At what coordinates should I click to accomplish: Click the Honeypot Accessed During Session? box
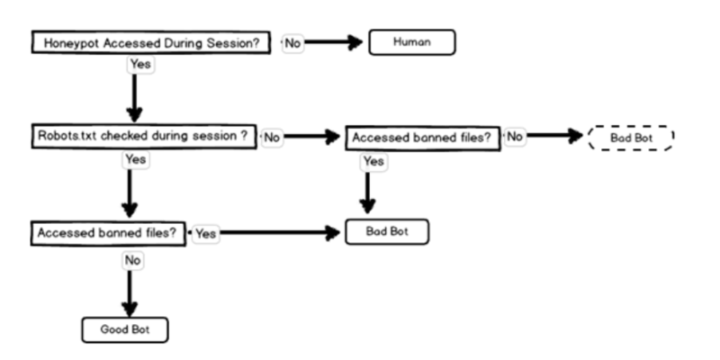pos(150,43)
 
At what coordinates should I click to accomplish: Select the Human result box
pos(412,42)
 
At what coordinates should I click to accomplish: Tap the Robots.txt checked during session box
pos(142,137)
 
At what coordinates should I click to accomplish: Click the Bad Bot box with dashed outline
pos(630,138)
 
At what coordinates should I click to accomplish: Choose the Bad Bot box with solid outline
pos(388,231)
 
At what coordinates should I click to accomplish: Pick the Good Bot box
pos(124,329)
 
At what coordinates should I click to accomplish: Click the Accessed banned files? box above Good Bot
pos(107,232)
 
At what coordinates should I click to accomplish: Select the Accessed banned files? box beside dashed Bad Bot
pos(423,138)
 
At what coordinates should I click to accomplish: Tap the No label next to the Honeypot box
pos(292,43)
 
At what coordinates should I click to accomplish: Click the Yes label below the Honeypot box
pos(139,65)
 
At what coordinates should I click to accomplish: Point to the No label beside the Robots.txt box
pos(271,137)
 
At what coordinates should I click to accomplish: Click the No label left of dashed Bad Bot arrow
pos(515,136)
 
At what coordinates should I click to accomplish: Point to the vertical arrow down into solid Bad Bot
pos(367,193)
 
